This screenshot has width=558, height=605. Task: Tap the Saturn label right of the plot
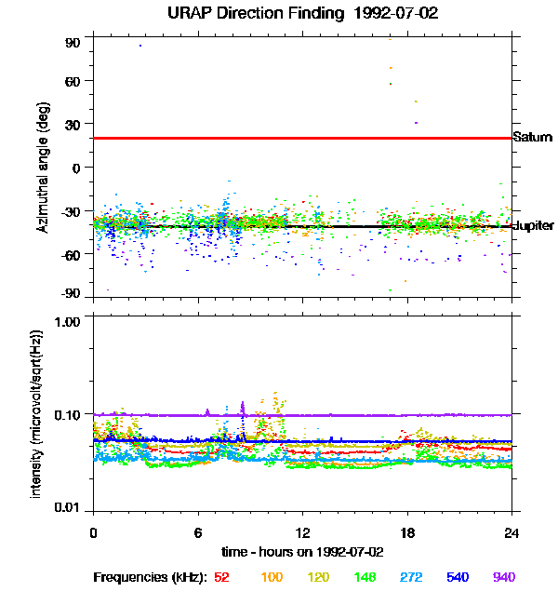click(533, 138)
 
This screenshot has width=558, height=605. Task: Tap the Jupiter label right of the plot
click(534, 226)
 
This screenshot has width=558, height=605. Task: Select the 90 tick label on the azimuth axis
click(73, 43)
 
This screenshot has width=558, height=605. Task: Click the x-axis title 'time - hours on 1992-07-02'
click(302, 551)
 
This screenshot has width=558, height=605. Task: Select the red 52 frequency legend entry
click(221, 577)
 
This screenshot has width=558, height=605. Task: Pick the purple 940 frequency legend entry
click(504, 577)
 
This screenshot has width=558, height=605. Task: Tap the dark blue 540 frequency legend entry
click(456, 577)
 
